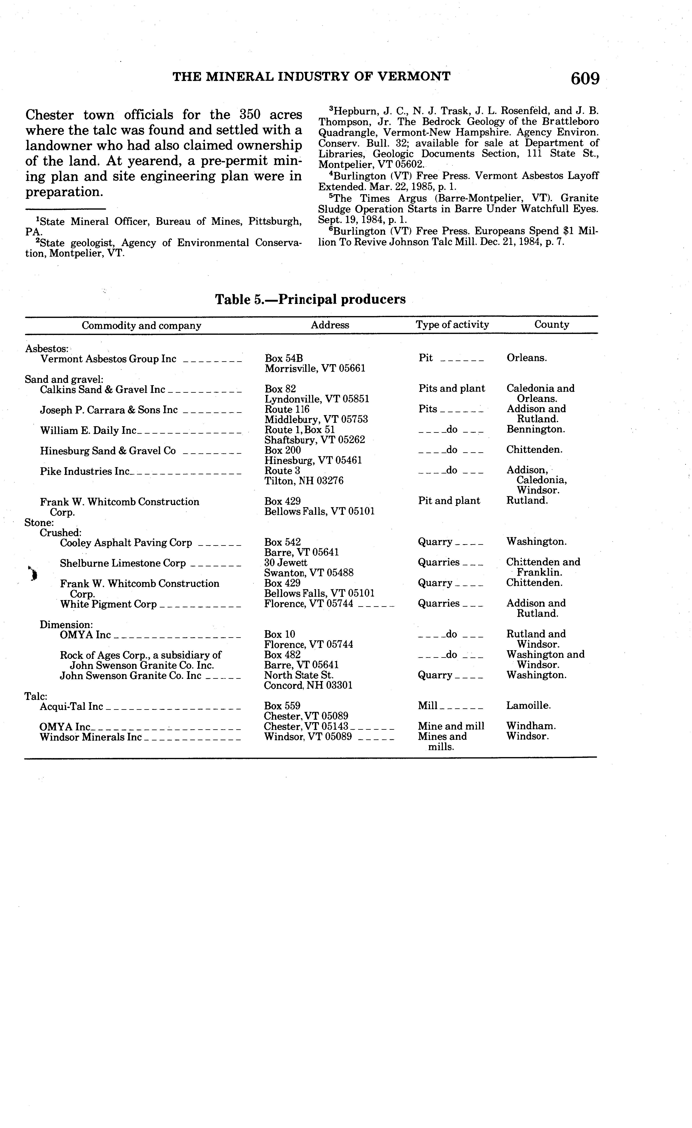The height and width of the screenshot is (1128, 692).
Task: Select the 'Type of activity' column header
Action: click(x=452, y=325)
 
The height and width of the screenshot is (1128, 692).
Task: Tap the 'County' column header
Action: click(x=551, y=325)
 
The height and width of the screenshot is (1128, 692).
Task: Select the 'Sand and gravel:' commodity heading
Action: click(x=64, y=379)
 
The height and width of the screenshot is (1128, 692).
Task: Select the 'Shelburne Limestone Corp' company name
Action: click(x=123, y=563)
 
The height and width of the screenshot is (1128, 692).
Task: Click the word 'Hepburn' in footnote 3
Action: click(x=352, y=111)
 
